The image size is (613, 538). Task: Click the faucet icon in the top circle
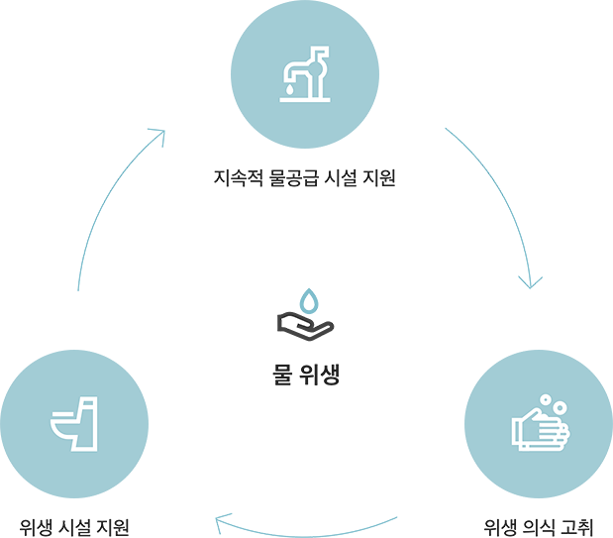[x=304, y=72]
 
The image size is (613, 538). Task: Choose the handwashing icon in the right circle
[x=538, y=422]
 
